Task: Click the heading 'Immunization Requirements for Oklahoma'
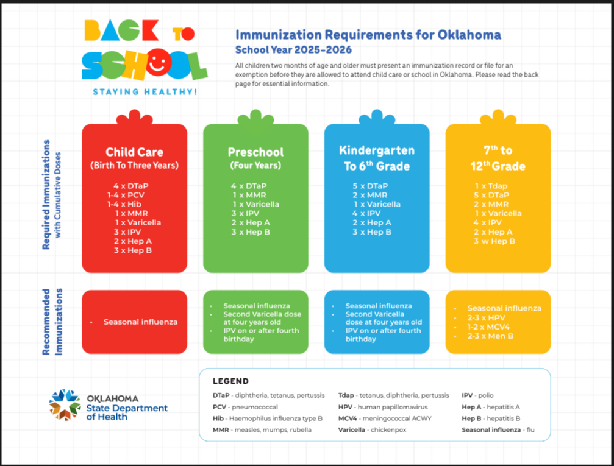368,35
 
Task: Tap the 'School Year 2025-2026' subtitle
293,50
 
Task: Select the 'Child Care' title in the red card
134,152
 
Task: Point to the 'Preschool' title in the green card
255,152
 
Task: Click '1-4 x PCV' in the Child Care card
126,195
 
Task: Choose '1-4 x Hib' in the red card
124,204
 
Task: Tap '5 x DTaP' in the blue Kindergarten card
370,186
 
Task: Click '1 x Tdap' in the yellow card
491,186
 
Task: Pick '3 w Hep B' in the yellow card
494,241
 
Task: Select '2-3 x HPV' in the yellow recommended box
487,318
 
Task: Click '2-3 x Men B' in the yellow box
490,336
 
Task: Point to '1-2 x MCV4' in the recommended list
488,327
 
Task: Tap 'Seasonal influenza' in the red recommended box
140,322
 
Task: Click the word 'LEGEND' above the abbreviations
230,381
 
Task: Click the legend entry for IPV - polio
477,395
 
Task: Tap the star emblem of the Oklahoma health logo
65,404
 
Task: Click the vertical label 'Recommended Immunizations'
52,322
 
